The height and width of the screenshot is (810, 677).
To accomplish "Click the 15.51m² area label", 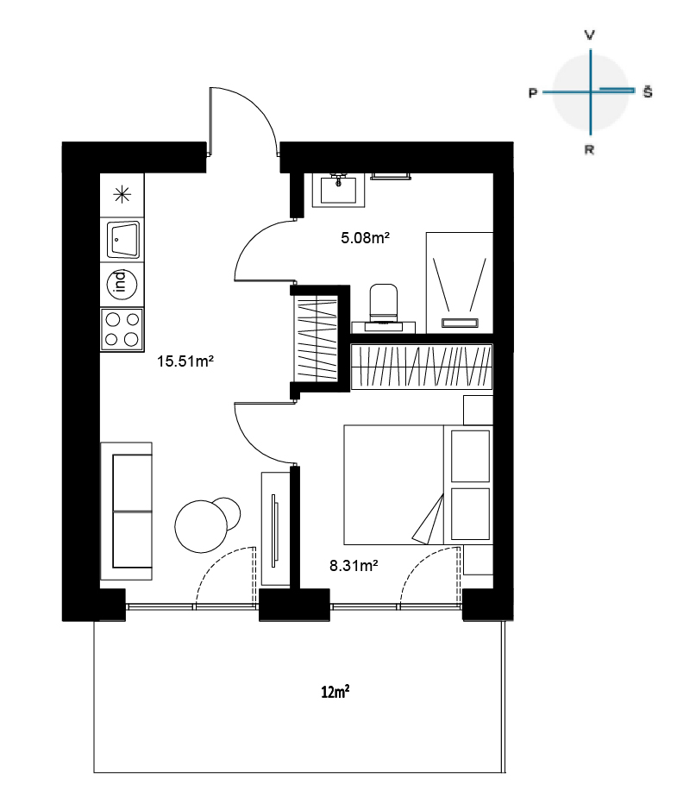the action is [x=185, y=361].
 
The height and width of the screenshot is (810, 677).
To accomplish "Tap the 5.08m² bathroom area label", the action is [x=365, y=237].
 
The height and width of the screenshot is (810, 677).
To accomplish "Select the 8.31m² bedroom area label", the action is [x=354, y=566].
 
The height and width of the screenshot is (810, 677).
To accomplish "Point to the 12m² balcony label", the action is [x=335, y=691].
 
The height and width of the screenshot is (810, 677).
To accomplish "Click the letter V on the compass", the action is [x=589, y=35].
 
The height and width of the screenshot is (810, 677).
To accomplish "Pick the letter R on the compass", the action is [x=589, y=150].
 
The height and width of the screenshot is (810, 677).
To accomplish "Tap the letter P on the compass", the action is [x=532, y=93].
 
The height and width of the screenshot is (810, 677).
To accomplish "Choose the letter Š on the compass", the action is [x=648, y=91].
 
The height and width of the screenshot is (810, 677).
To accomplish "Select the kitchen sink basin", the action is [x=123, y=240].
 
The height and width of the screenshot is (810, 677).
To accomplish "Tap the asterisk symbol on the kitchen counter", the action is [x=122, y=195].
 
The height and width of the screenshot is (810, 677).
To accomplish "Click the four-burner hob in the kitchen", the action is [x=122, y=329].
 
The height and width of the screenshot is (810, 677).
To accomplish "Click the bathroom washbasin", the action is [x=338, y=189].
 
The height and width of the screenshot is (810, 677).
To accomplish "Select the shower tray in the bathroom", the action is [x=460, y=283].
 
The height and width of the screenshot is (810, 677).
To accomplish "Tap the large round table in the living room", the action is [x=201, y=526].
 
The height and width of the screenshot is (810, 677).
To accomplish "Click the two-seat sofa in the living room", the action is [x=126, y=511].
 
